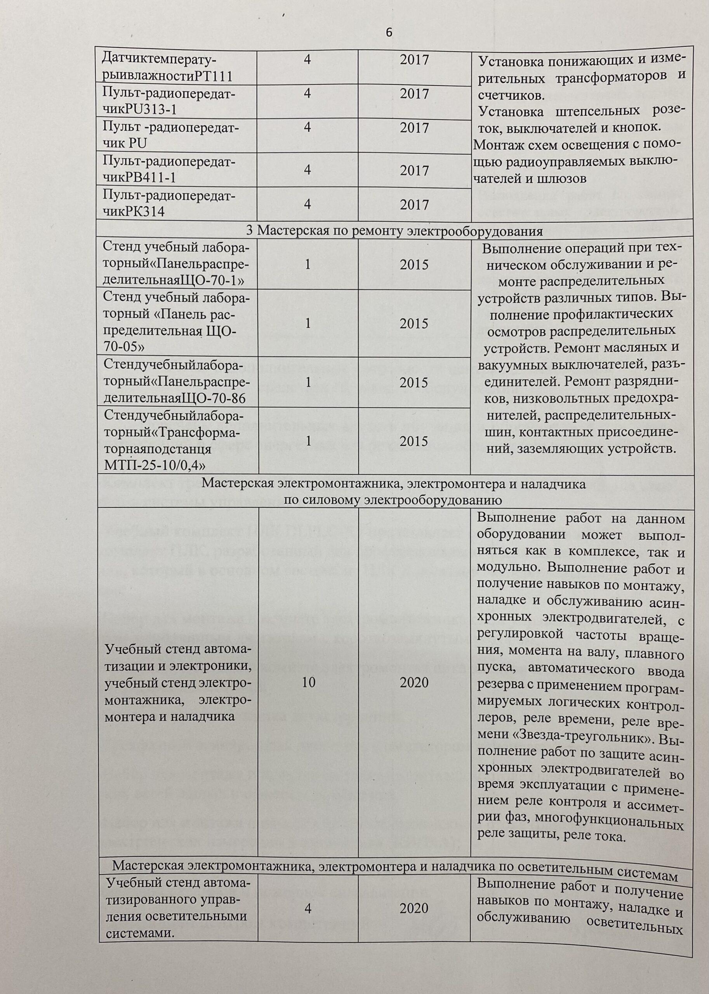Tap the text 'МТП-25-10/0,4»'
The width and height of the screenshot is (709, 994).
pos(155,465)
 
